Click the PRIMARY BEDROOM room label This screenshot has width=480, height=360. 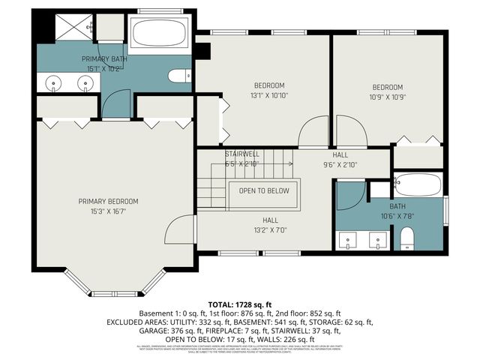point(109,201)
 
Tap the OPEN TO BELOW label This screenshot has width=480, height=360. point(264,190)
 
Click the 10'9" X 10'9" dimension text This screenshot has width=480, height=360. point(387,97)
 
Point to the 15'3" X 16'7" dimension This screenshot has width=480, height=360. point(109,211)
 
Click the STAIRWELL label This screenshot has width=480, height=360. point(241,154)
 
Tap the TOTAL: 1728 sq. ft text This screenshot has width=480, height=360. point(240,303)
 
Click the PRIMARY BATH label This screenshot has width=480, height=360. point(104,58)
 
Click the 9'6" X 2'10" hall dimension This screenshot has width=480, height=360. point(340,165)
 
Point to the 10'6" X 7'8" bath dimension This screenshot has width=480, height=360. point(397,217)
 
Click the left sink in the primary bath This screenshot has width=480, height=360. point(54,83)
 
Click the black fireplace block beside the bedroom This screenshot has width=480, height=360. point(201,52)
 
